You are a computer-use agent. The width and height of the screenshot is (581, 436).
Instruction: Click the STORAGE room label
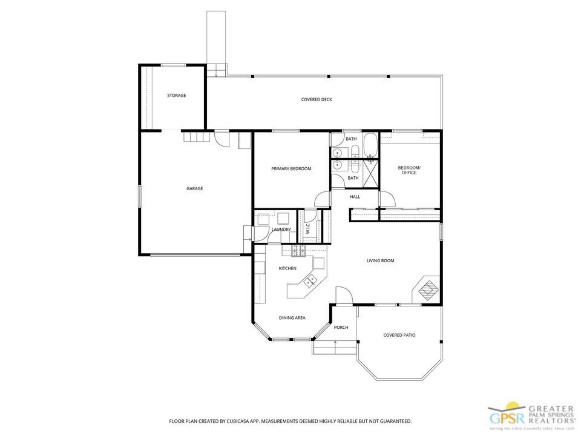[177, 96]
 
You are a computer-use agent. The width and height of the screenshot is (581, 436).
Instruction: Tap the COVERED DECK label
[317, 100]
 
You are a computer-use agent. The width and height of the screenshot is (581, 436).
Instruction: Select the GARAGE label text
[194, 189]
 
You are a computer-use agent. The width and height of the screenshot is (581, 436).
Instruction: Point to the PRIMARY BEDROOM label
[291, 169]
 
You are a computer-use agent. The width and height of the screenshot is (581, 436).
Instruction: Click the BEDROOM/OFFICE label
[409, 170]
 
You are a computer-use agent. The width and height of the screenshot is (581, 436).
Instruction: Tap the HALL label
[355, 196]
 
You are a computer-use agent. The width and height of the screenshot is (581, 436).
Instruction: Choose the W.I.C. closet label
[307, 230]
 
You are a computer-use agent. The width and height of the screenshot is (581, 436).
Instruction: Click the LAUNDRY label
[281, 230]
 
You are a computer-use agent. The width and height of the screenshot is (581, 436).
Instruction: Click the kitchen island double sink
[311, 280]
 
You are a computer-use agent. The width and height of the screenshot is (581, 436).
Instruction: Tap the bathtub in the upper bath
[370, 145]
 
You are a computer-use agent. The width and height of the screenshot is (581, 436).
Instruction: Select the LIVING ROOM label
[380, 261]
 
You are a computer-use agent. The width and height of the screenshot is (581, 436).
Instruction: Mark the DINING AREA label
[292, 318]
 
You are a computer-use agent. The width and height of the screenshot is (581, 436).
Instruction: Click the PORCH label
[341, 328]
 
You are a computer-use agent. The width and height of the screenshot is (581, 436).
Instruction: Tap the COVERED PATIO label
[399, 335]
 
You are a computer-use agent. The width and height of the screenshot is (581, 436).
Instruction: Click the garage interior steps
[196, 137]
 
